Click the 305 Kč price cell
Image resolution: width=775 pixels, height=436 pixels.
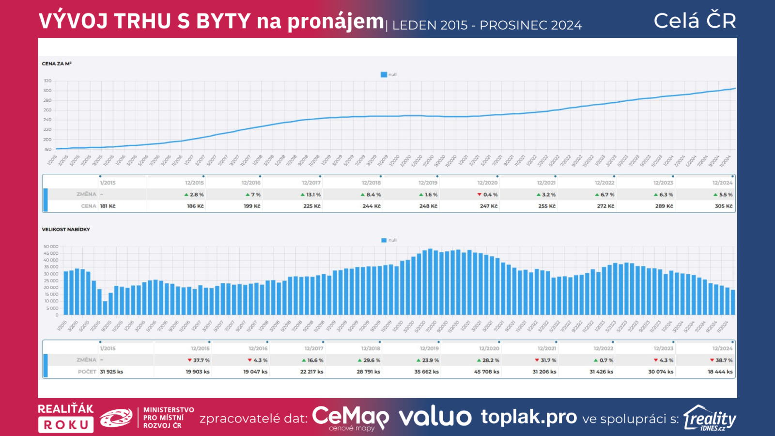tap(723, 206)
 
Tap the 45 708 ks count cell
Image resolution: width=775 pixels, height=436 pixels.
tap(486, 372)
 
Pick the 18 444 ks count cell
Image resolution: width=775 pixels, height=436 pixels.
tap(720, 372)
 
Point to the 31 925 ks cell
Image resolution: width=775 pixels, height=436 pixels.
tap(111, 372)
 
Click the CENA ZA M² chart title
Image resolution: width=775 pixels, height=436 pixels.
tap(57, 63)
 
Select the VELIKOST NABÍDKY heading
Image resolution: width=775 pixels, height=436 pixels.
tap(66, 229)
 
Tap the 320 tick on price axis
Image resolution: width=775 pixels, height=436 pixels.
tap(47, 81)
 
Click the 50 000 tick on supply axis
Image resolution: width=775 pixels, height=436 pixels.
tap(51, 247)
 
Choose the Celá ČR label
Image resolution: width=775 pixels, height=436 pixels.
tap(695, 21)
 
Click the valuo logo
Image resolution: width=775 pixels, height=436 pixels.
tap(434, 417)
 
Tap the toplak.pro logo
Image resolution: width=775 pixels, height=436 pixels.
tap(528, 417)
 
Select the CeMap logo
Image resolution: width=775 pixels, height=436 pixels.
tap(350, 417)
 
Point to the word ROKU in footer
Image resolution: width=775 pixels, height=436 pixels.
tap(66, 425)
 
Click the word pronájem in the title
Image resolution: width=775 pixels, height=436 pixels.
tap(335, 22)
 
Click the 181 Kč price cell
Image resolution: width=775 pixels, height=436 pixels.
tap(108, 206)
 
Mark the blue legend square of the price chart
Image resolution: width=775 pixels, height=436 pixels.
tap(384, 75)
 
